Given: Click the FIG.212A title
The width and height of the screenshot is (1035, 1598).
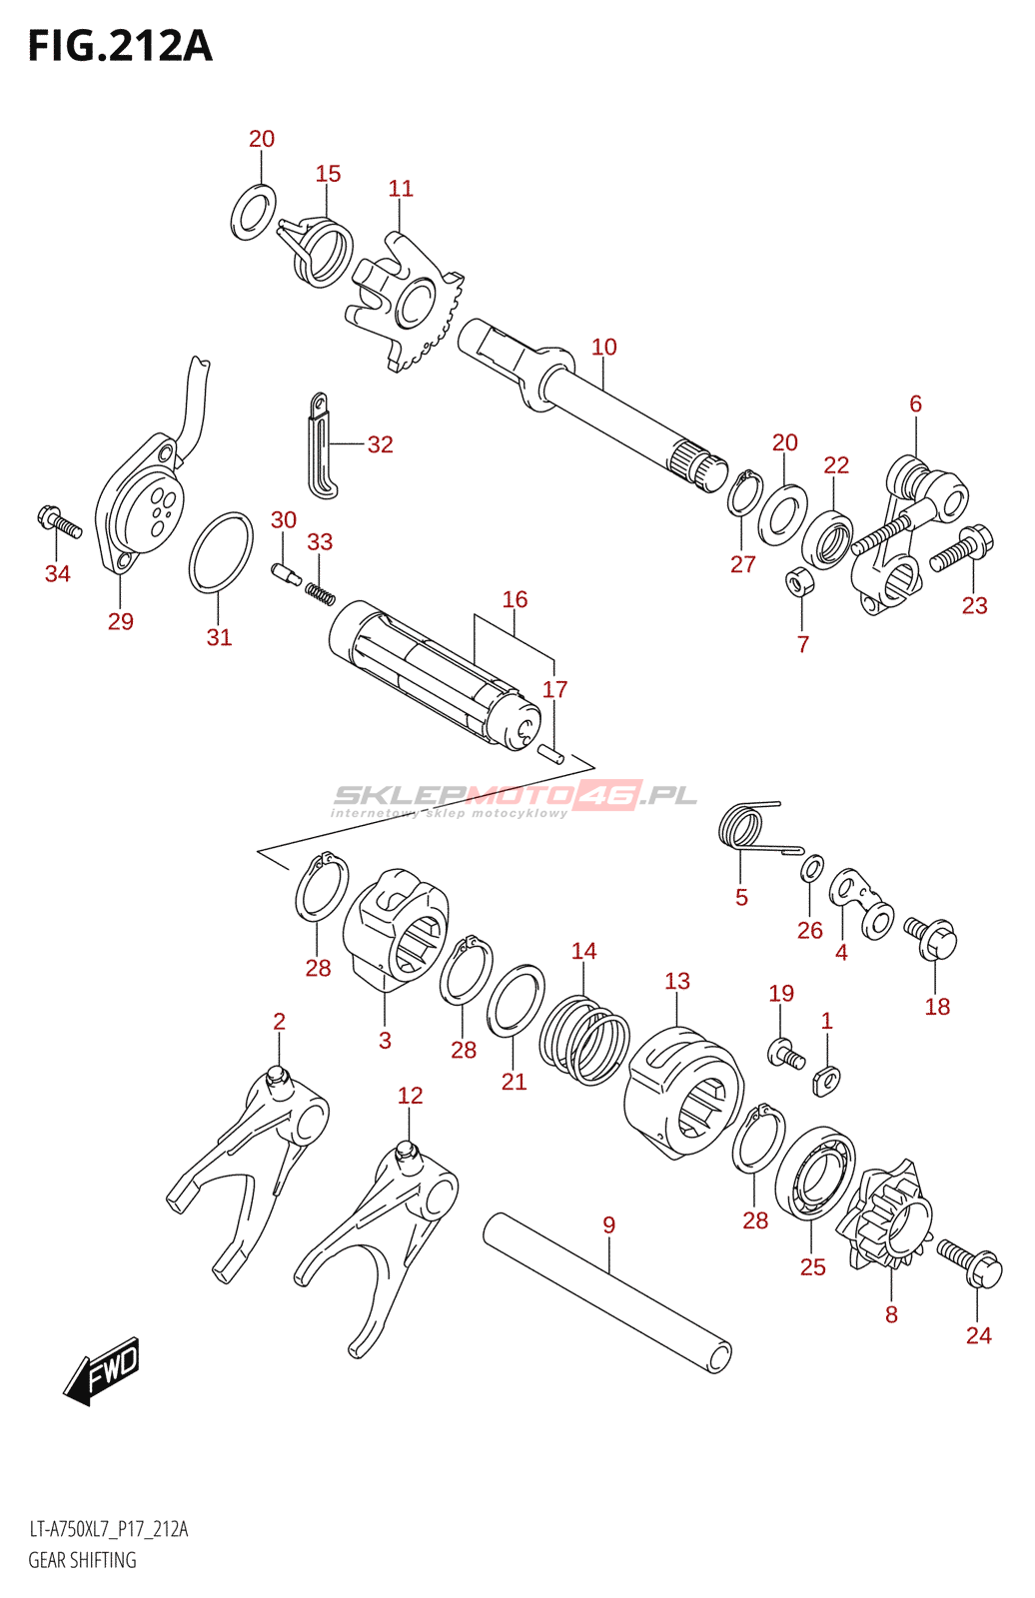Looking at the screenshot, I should [120, 46].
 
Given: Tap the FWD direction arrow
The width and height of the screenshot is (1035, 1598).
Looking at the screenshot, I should [103, 1371].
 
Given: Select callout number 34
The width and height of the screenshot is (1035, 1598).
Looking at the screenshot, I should [58, 573].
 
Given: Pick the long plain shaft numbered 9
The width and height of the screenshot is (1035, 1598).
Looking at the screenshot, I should [606, 1292].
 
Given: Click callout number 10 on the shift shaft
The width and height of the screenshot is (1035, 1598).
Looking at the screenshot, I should [604, 347].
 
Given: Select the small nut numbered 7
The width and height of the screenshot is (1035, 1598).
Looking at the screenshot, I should [799, 580].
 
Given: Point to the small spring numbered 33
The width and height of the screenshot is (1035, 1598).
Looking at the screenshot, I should [319, 592].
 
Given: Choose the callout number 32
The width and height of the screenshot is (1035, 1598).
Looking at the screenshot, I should [381, 444].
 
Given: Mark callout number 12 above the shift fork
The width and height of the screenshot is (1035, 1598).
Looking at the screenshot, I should [410, 1096].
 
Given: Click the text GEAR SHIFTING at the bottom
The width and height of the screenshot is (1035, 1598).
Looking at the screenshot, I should [82, 1560].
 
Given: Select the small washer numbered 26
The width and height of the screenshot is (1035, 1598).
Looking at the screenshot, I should [812, 867].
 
